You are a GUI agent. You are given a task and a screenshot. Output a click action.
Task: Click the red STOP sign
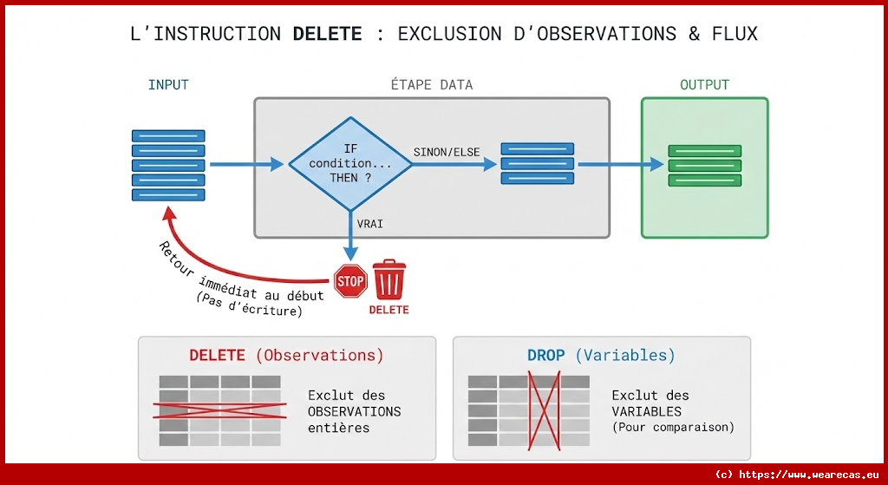pos(350,281)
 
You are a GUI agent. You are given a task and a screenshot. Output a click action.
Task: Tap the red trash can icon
pos(388,279)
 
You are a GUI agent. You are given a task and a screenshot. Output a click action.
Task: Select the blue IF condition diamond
pos(350,163)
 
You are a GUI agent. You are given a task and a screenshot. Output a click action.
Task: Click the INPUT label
pos(168,85)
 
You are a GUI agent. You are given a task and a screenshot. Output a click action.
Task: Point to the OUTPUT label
pos(704,85)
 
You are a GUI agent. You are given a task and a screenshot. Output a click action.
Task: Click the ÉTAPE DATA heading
pos(432,85)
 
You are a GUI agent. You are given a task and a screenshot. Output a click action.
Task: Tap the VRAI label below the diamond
pos(370,223)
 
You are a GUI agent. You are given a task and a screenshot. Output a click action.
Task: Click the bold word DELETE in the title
pos(327,34)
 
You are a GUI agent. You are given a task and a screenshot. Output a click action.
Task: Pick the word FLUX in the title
pos(735,34)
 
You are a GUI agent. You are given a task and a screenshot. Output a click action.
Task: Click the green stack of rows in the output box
pos(692,165)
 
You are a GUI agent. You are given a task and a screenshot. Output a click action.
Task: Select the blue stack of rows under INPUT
pos(168,165)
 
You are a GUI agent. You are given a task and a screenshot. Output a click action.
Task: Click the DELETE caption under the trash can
pos(388,310)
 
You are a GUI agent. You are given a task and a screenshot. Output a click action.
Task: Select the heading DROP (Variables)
pos(601,355)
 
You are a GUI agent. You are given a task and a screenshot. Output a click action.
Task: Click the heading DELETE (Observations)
pos(286,355)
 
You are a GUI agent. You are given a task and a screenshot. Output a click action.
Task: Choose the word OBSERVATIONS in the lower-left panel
pos(355,411)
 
